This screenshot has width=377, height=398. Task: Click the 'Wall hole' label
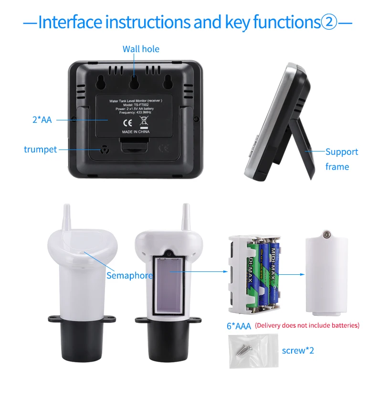click(x=141, y=49)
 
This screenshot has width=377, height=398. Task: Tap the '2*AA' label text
click(x=42, y=120)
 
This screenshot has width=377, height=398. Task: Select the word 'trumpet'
click(x=40, y=150)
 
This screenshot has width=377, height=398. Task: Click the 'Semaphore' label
click(x=129, y=276)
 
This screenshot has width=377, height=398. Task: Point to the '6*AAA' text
click(x=239, y=327)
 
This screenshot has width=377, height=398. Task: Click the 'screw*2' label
click(x=298, y=351)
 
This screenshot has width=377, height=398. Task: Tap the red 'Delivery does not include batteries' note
click(x=307, y=326)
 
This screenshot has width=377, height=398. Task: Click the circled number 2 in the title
click(x=328, y=22)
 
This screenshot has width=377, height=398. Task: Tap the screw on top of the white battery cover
click(x=327, y=234)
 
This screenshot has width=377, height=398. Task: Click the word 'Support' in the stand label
click(x=341, y=152)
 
